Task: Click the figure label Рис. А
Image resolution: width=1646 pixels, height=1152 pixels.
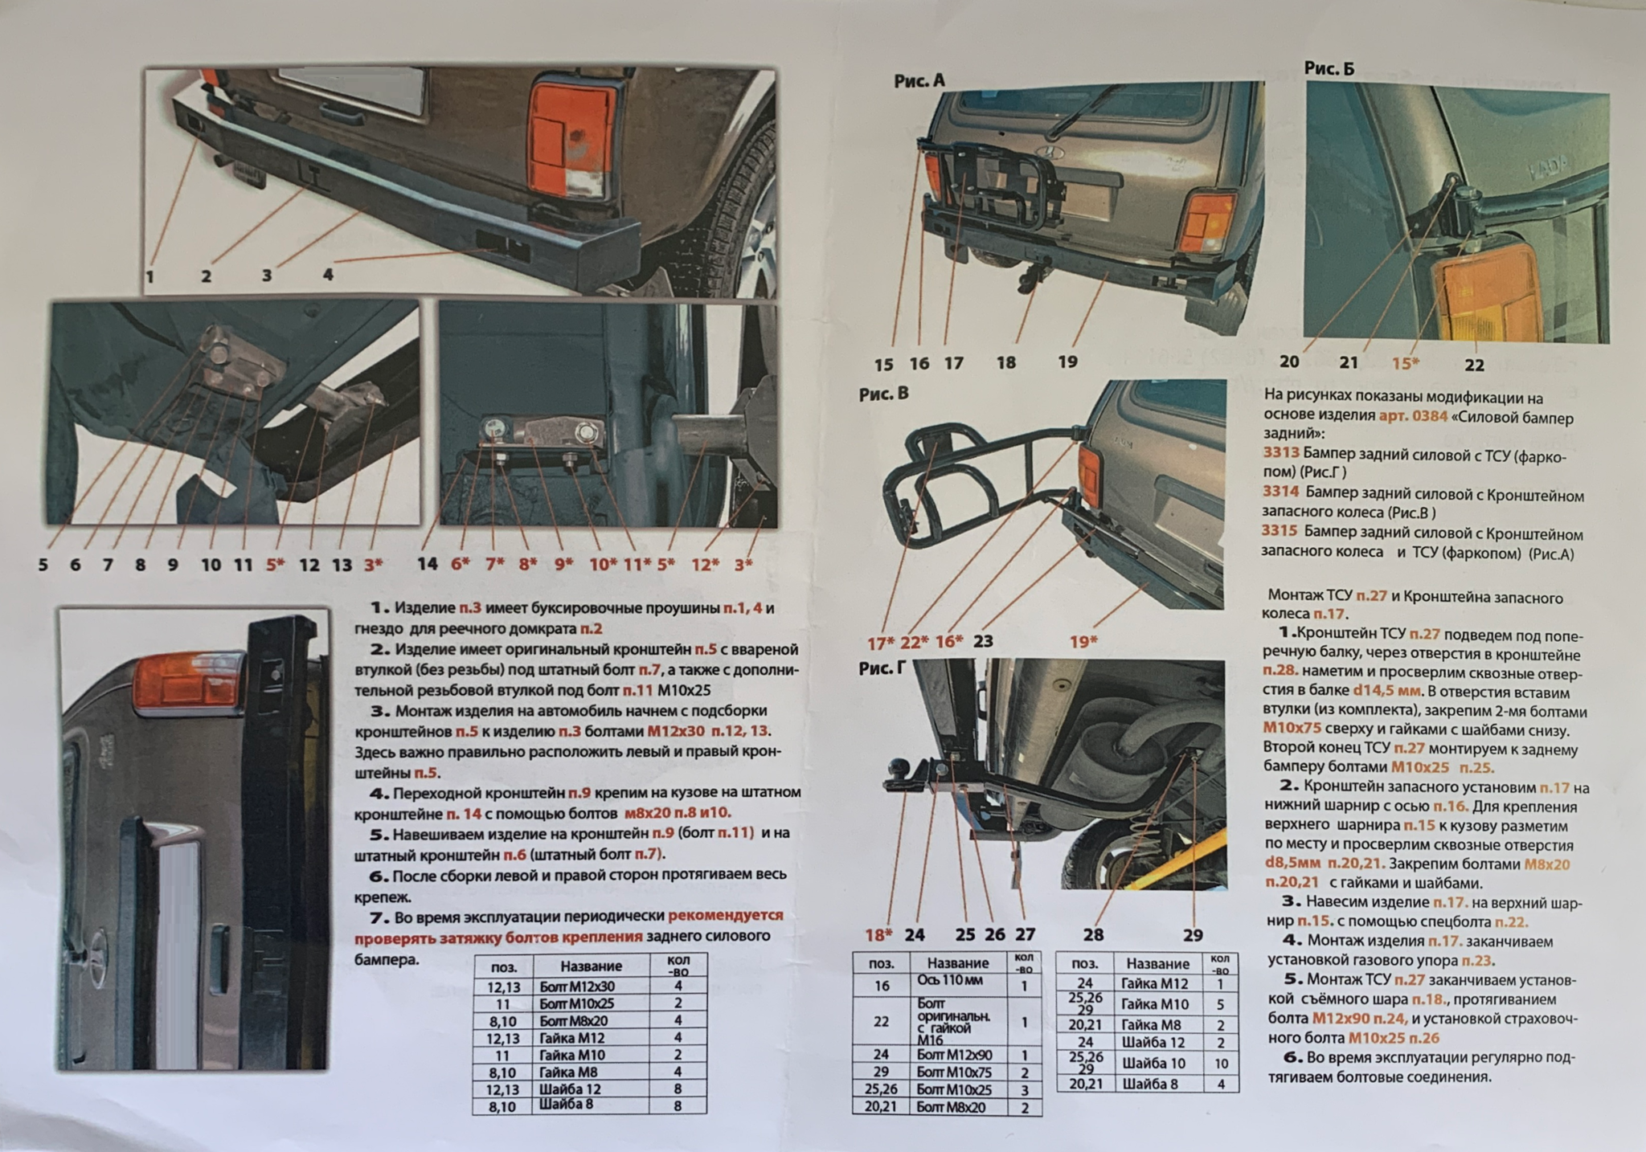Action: coord(919,80)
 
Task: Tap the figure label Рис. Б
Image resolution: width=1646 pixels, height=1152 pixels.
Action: coord(1329,68)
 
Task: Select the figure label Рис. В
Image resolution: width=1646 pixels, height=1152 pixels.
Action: coord(884,394)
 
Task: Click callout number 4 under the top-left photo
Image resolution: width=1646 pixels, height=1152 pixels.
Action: coord(328,274)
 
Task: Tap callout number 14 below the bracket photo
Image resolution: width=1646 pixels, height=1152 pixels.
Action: coord(428,563)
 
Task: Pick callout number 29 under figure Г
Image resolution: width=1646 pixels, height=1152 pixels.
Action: coord(1193,934)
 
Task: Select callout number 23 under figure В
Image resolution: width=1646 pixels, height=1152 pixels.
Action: coord(983,640)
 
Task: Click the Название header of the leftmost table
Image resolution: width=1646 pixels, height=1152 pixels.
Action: coord(591,966)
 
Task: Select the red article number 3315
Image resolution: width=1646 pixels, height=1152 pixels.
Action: coord(1280,530)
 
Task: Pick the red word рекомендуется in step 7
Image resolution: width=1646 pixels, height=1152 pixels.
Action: coord(726,915)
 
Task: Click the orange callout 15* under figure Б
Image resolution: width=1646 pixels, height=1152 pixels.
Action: coord(1406,363)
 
